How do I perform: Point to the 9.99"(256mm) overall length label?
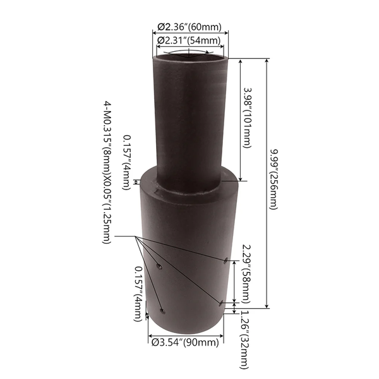(x=274, y=180)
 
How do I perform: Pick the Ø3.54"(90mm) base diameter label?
(x=185, y=342)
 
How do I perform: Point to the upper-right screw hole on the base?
(x=226, y=258)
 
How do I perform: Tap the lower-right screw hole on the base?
(x=221, y=302)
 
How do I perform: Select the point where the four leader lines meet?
(x=135, y=236)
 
